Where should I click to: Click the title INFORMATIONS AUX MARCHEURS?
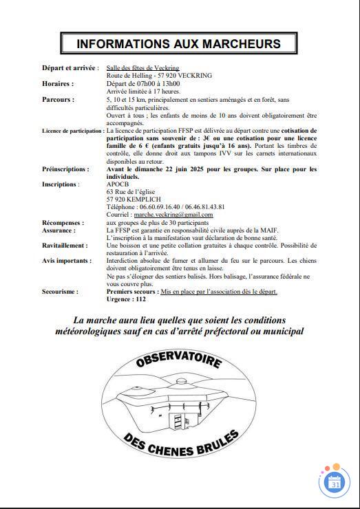pyautogui.click(x=178, y=43)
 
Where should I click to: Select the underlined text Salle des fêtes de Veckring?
pyautogui.click(x=142, y=69)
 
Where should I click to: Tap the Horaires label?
pyautogui.click(x=57, y=84)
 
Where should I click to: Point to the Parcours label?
pyautogui.click(x=58, y=100)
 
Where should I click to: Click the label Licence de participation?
pyautogui.click(x=72, y=131)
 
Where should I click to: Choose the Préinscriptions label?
pyautogui.click(x=65, y=169)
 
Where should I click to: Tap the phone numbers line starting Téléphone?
pyautogui.click(x=165, y=207)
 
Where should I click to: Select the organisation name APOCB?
pyautogui.click(x=118, y=184)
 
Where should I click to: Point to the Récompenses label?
pyautogui.click(x=63, y=223)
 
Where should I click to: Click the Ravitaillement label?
pyautogui.click(x=65, y=246)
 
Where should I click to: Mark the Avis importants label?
pyautogui.click(x=66, y=261)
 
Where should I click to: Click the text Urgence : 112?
pyautogui.click(x=127, y=300)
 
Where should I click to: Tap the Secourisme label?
pyautogui.click(x=60, y=292)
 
